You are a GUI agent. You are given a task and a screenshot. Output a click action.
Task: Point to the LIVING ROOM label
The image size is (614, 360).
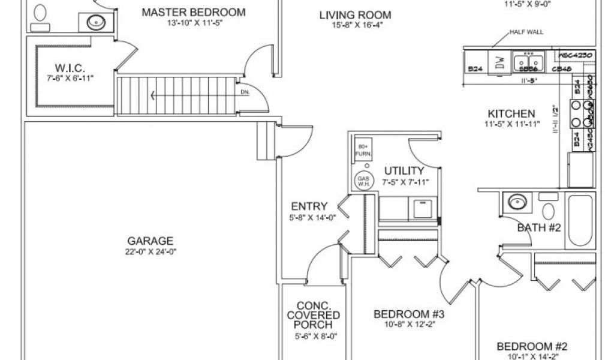[x=355, y=15]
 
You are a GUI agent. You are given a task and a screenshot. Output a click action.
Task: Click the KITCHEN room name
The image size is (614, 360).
[x=511, y=113]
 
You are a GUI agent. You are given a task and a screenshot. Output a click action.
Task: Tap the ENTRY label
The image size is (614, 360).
[x=309, y=207]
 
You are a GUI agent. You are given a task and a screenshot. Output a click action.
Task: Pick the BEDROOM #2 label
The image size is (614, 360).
[x=531, y=346]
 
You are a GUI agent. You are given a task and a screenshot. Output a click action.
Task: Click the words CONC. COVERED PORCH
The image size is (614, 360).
[x=314, y=315]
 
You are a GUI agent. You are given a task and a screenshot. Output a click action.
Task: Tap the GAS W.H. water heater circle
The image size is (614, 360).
[x=363, y=181]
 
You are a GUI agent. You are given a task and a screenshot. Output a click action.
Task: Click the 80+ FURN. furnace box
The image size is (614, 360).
[x=363, y=151]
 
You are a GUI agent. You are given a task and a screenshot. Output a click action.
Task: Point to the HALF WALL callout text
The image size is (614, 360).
[x=526, y=32]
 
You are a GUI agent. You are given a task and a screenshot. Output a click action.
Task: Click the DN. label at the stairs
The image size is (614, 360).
[x=245, y=92]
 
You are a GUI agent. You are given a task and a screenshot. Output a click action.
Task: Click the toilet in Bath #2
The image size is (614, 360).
[x=547, y=209]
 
